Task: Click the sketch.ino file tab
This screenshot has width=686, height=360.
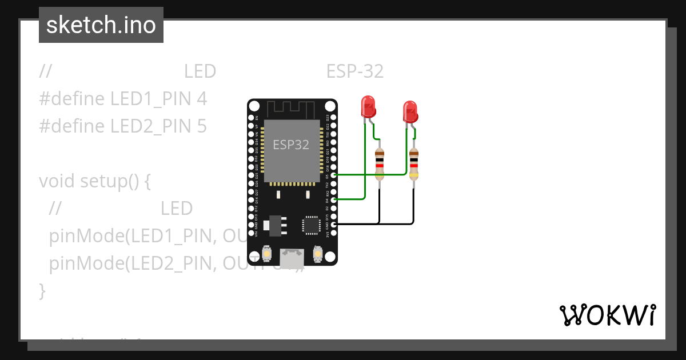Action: (101, 25)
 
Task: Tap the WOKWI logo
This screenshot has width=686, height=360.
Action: (607, 315)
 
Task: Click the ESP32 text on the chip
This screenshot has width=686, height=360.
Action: (291, 145)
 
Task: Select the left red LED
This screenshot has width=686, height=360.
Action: (368, 107)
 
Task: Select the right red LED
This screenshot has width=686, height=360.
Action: (410, 111)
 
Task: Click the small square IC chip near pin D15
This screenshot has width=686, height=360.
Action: (312, 225)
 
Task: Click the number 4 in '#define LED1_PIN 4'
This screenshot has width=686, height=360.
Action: (201, 99)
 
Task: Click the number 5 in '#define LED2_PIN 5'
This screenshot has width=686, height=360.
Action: (201, 126)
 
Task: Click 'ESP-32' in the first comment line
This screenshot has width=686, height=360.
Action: (354, 72)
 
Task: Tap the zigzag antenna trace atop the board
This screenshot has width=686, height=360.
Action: (292, 107)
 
